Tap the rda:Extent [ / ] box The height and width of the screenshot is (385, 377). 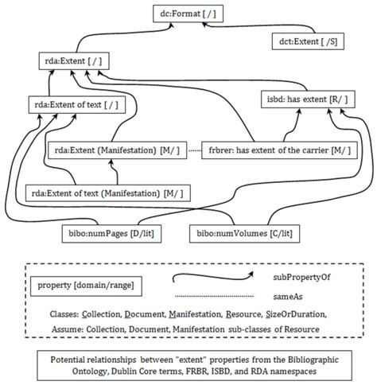(73, 61)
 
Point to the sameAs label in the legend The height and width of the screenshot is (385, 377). (287, 294)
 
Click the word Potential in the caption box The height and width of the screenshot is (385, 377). (65, 357)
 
